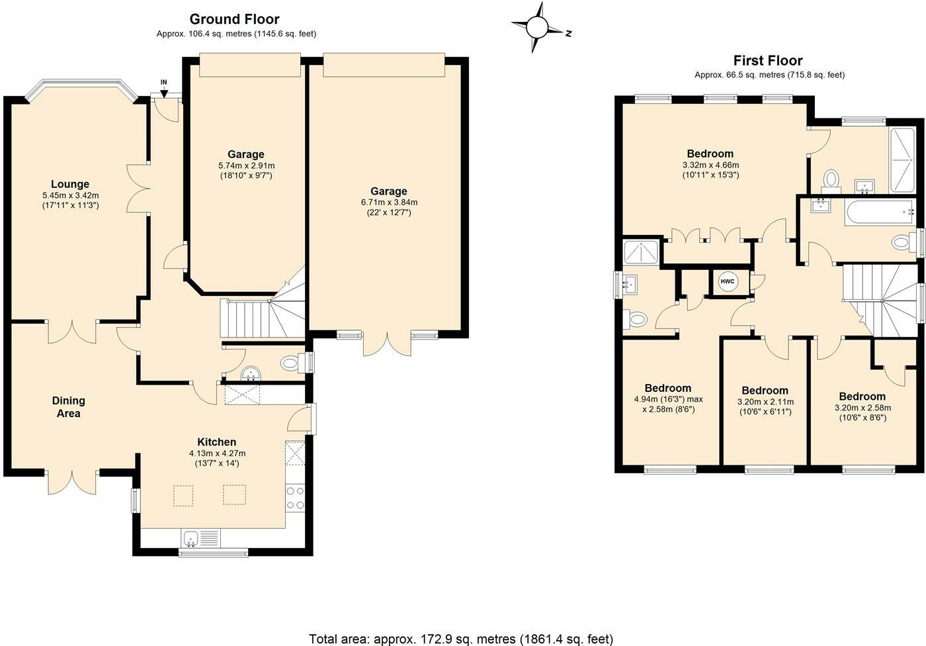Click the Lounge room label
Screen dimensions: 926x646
70,184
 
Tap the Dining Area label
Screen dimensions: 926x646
69,407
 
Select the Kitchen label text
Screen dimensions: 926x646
217,441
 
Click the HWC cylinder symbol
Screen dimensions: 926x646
727,282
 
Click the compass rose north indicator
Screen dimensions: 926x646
569,33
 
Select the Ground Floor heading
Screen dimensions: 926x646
234,19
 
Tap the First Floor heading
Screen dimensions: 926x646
768,61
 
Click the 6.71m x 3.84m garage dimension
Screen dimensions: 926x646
389,203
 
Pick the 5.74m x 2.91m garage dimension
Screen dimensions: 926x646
246,165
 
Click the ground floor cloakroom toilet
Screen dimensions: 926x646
290,363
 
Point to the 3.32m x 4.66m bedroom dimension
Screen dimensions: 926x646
710,165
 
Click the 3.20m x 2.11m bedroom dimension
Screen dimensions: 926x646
765,402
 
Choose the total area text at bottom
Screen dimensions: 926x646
461,639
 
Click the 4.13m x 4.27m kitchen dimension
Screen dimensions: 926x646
217,453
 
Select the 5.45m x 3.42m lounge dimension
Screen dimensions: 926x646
70,195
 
